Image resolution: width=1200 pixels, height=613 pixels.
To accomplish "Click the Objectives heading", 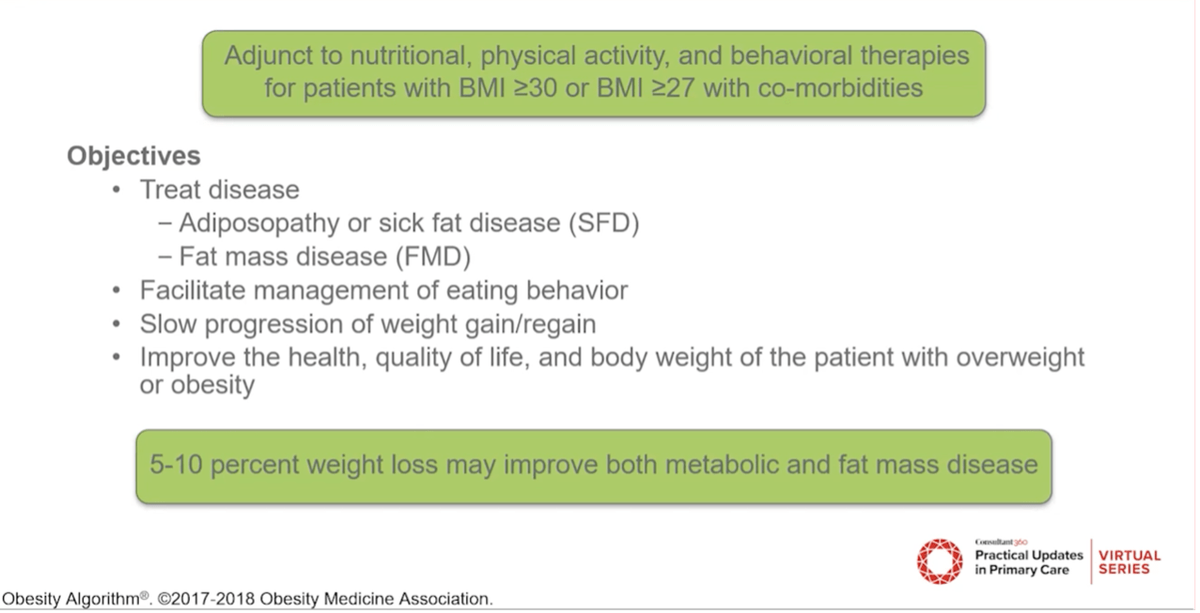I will pos(133,155).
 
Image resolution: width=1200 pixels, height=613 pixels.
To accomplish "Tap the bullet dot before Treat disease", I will pos(117,190).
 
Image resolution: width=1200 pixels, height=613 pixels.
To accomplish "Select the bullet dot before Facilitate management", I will pos(117,291).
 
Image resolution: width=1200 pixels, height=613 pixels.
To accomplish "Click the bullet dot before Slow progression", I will pos(117,325).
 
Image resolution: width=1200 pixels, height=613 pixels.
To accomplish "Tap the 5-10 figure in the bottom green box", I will pos(177,465).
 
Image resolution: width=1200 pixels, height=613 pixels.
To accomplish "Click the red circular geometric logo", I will pos(940,560).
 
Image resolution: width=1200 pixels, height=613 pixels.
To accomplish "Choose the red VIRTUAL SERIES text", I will pos(1130,561).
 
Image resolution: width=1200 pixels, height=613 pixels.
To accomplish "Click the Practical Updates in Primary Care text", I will pos(1028,562).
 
